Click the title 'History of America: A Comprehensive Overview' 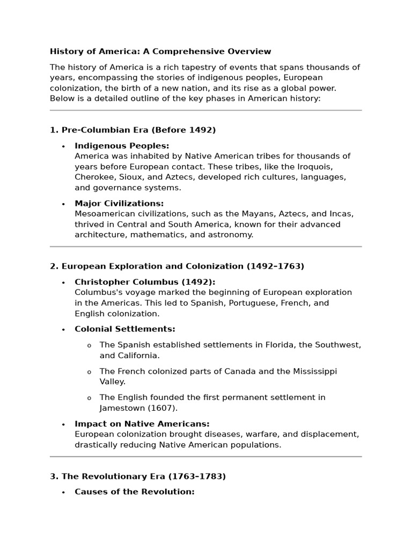point(160,51)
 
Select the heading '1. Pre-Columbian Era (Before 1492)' point(133,130)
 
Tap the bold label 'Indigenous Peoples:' point(122,146)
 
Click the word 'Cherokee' point(95,177)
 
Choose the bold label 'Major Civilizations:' point(119,203)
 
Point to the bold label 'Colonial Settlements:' point(125,329)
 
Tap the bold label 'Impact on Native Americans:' point(142,424)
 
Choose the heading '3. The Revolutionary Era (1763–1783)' point(138,476)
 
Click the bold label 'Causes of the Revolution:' point(135,492)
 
